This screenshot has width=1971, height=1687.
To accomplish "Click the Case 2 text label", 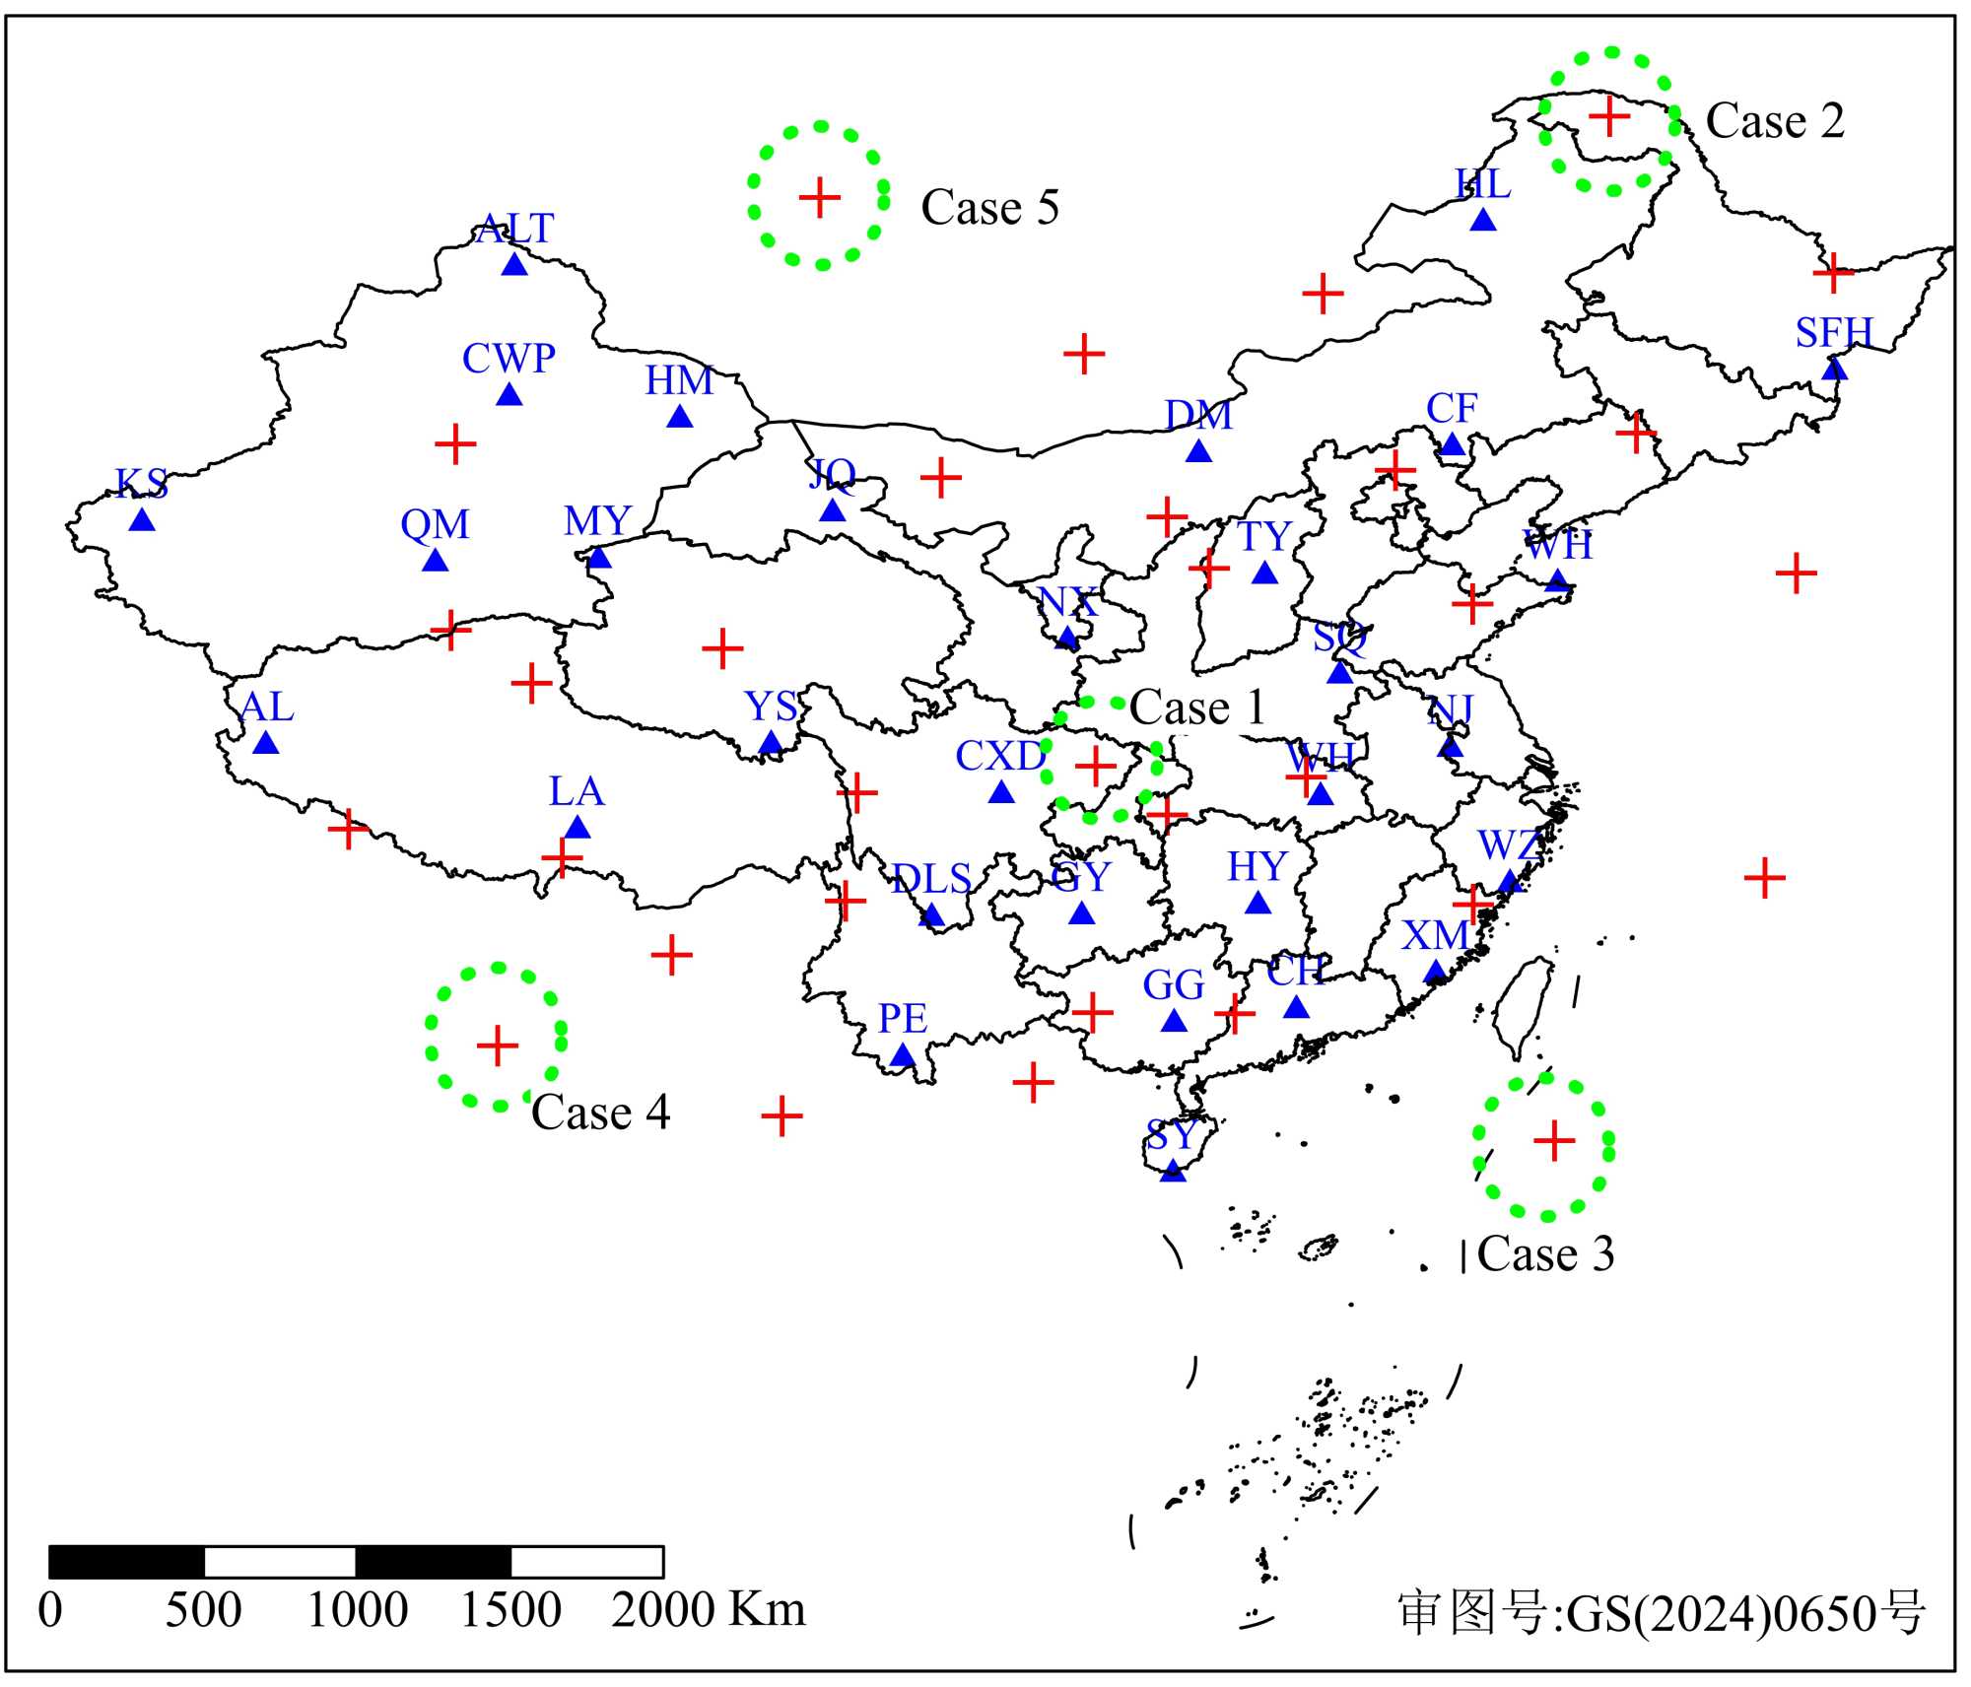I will point(1774,121).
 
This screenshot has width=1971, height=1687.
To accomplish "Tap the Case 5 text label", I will point(989,208).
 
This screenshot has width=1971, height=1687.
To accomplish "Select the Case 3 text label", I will point(1545,1254).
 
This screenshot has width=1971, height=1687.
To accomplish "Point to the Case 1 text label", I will point(1196,708).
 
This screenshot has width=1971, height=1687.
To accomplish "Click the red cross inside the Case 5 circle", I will point(819,197).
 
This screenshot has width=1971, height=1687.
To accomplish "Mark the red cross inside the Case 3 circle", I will point(1554,1141).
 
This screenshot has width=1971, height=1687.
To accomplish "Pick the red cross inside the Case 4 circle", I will point(497,1046).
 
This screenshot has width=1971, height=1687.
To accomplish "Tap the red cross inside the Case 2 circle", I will point(1609,116).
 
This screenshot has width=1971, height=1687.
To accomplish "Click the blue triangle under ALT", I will point(514,264).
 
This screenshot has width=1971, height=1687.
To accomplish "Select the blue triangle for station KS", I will point(142,519).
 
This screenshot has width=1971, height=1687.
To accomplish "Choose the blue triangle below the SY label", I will point(1173,1171).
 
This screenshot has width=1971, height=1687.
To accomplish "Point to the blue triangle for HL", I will point(1483,220).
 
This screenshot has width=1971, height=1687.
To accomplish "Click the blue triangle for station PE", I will point(903,1056).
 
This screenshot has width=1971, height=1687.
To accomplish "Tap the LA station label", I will point(577,791).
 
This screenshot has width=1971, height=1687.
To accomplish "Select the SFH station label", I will point(1833,333).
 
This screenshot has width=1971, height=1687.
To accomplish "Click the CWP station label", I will point(509,359).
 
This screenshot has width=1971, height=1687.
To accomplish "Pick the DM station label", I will point(1198,415).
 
